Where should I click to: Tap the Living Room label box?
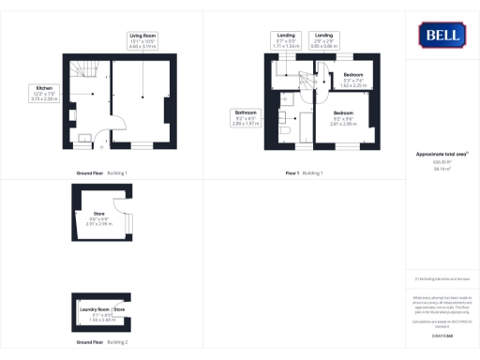tap(142, 40)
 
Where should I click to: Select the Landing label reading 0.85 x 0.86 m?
tap(323, 40)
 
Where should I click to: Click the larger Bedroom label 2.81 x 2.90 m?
tap(345, 120)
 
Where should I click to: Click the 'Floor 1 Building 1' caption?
tap(306, 173)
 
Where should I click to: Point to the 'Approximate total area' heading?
tap(440, 154)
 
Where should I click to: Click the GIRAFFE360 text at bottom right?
tap(440, 335)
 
